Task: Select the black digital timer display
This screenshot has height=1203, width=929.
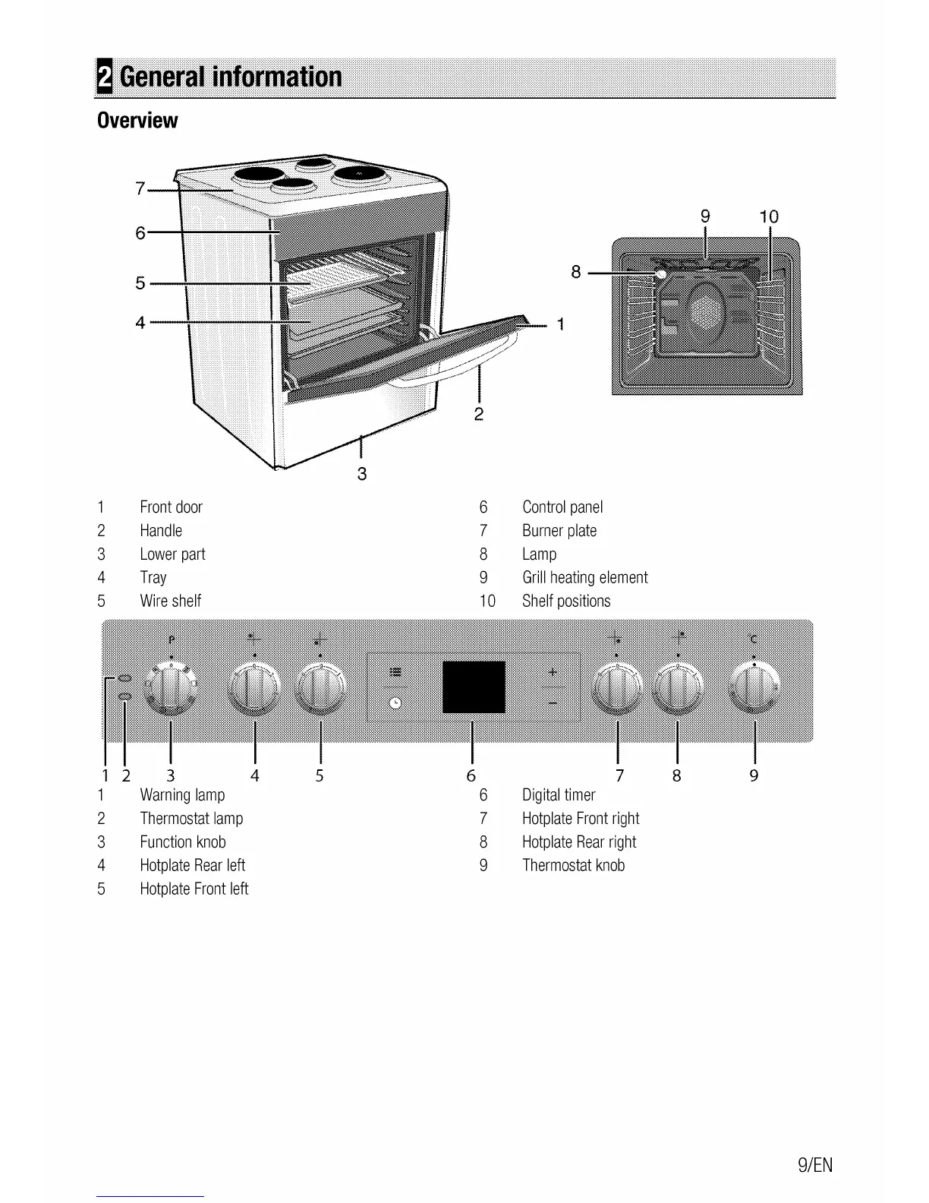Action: pyautogui.click(x=474, y=687)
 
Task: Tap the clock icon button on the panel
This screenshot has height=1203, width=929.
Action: pyautogui.click(x=395, y=703)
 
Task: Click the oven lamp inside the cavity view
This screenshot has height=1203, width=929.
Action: pyautogui.click(x=661, y=273)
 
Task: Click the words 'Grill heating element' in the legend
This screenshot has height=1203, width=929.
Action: pyautogui.click(x=584, y=578)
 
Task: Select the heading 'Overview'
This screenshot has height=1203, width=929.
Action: pyautogui.click(x=137, y=121)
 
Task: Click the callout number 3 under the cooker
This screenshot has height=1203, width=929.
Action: pyautogui.click(x=362, y=474)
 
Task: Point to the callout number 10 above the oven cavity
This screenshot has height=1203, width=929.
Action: pyautogui.click(x=769, y=217)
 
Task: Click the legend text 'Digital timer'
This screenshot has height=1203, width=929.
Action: pyautogui.click(x=559, y=795)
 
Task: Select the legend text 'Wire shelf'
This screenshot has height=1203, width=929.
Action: pyautogui.click(x=170, y=601)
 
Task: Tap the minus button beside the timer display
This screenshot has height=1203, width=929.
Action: pyautogui.click(x=553, y=703)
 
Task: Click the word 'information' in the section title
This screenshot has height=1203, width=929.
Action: pyautogui.click(x=276, y=77)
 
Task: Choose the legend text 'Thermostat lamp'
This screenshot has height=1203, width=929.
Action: pyautogui.click(x=191, y=819)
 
